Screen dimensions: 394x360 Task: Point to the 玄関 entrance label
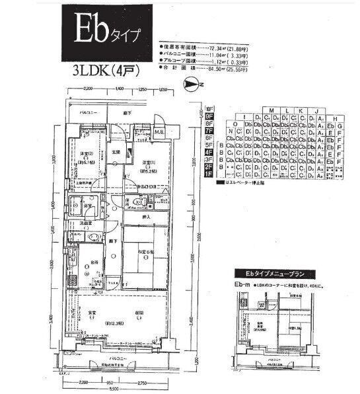116,153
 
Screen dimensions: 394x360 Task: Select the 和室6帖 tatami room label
147,253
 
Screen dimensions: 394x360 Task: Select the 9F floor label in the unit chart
210,116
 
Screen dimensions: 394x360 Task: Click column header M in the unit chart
271,110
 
